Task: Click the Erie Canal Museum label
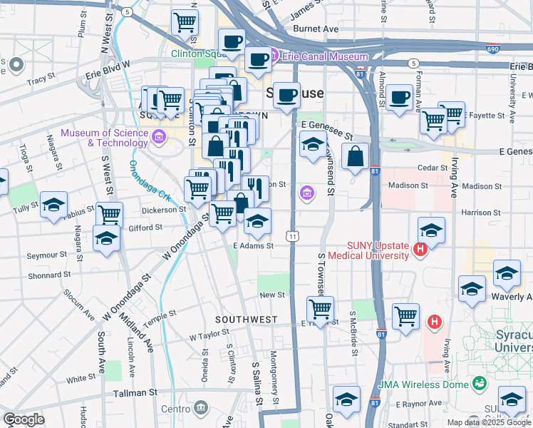pos(324,57)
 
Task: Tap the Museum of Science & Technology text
pos(103,138)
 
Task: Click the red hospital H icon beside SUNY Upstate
pos(420,249)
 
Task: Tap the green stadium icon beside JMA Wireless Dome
pos(481,384)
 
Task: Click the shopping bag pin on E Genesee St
pos(354,157)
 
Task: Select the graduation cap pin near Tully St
pos(53,205)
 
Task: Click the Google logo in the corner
pos(24,419)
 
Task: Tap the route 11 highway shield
pos(292,236)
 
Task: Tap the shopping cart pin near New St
pos(320,310)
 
